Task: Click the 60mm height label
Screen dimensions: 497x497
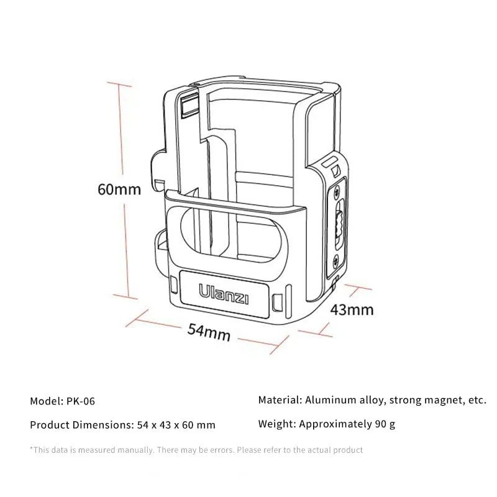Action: tap(119, 189)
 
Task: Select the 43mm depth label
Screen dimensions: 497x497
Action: tap(352, 309)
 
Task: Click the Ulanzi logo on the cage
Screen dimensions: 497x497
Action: tap(224, 294)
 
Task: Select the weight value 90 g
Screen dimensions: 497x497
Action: tap(381, 424)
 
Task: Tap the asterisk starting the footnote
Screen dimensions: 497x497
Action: tap(32, 449)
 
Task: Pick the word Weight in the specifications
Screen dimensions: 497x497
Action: tap(275, 424)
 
